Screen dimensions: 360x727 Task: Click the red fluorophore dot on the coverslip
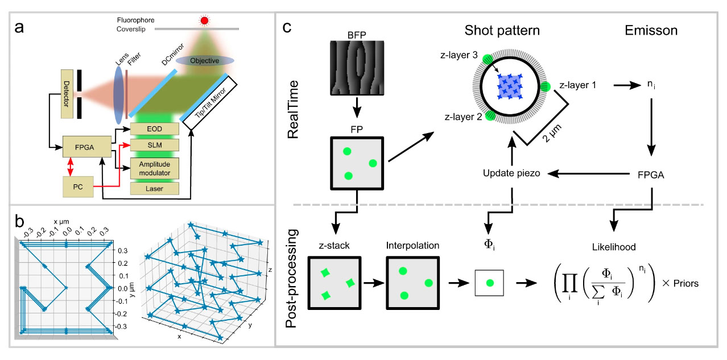pos(204,21)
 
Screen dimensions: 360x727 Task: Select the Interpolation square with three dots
pos(411,283)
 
